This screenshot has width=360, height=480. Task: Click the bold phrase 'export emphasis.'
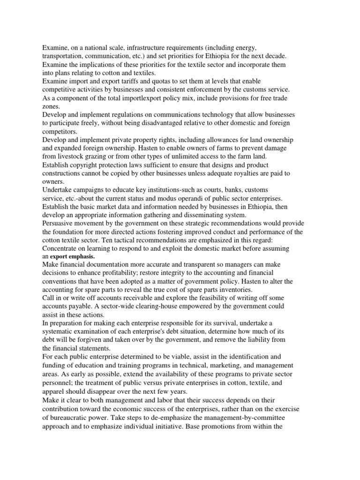tap(72, 257)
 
